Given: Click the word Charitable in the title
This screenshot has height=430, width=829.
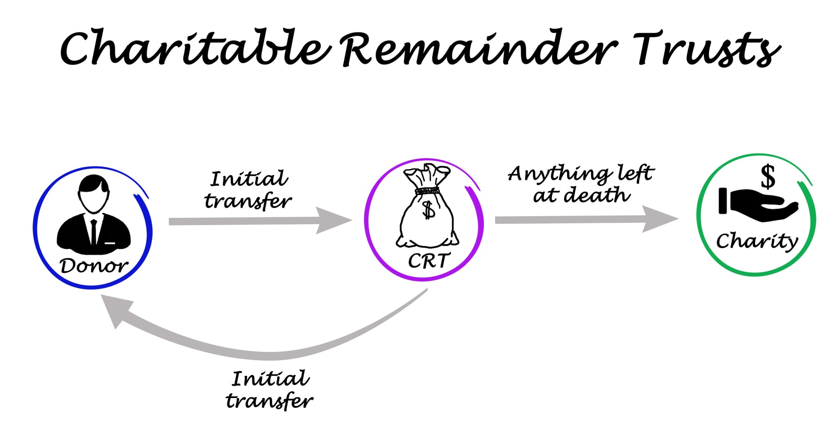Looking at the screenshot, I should (195, 48).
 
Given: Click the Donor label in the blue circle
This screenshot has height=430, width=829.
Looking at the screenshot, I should (94, 266).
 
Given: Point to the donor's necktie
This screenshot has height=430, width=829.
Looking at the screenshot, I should (94, 232).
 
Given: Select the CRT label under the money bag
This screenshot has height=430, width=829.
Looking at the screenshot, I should (428, 261).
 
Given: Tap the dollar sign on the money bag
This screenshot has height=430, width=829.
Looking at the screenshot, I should (428, 209).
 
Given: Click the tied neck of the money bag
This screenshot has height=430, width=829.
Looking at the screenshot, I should (427, 191).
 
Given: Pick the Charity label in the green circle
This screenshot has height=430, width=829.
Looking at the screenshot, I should (757, 241).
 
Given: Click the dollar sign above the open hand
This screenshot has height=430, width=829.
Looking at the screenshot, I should (768, 176).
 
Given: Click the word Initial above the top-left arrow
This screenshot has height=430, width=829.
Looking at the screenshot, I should (249, 179).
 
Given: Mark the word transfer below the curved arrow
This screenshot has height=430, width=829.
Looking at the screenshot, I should (269, 401).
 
